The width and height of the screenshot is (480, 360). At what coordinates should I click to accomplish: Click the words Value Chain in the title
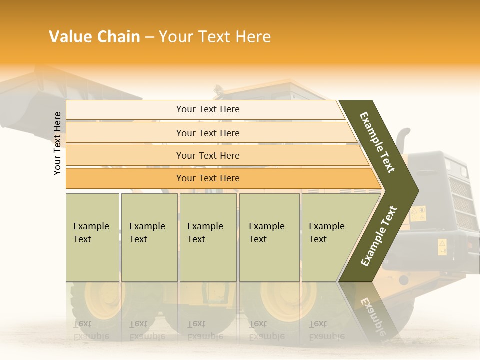tap(94, 37)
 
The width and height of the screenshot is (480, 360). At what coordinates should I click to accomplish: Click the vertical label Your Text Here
tap(57, 143)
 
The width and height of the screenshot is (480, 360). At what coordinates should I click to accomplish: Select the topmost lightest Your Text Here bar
tap(207, 109)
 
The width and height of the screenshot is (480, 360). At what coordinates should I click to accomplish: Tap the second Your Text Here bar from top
tap(207, 133)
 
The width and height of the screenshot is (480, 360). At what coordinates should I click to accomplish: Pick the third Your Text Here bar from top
tap(207, 155)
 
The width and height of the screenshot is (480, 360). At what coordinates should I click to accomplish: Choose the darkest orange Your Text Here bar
tap(207, 178)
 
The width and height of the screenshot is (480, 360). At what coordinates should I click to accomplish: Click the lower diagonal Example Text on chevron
tap(379, 236)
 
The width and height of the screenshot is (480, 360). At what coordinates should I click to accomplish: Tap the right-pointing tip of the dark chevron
tap(416, 190)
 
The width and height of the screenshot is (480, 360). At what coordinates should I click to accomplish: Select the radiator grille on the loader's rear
tap(460, 200)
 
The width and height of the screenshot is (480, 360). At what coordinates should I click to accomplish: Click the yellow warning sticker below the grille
tap(442, 247)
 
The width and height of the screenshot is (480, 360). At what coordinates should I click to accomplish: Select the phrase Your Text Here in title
tap(215, 37)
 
